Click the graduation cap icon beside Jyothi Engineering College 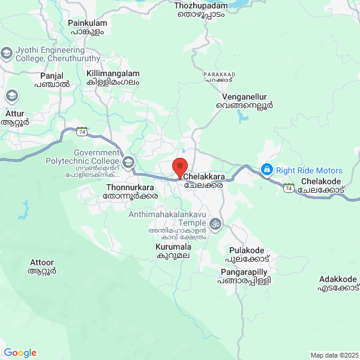click(x=7, y=53)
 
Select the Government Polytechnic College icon click(x=128, y=162)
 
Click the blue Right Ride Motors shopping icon click(x=266, y=170)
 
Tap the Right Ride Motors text click(x=309, y=170)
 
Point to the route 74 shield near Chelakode click(x=289, y=188)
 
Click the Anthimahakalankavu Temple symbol click(x=215, y=225)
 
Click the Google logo click(x=20, y=353)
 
